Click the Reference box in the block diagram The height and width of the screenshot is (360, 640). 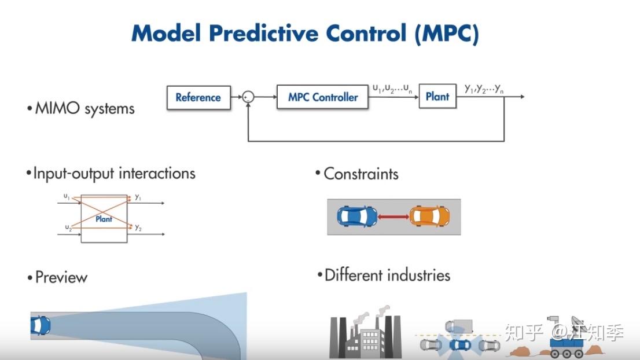pos(198,97)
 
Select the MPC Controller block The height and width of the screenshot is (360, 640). pos(323,97)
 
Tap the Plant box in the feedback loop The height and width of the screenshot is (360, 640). pos(437,97)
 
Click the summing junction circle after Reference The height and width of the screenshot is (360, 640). pos(248,97)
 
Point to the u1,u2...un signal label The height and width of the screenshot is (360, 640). pos(392,89)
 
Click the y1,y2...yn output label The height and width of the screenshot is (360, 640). pos(484,89)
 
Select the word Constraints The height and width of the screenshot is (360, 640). pos(361,174)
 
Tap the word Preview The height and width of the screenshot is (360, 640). pos(61,277)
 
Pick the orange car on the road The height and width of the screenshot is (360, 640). pos(429,216)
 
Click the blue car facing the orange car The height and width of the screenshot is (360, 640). pos(357,216)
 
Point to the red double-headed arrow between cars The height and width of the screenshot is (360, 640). pos(393,216)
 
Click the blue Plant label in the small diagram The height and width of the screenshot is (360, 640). pos(104,219)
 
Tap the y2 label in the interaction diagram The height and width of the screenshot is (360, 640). pos(138,227)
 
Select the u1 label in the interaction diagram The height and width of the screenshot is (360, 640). pos(67,197)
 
